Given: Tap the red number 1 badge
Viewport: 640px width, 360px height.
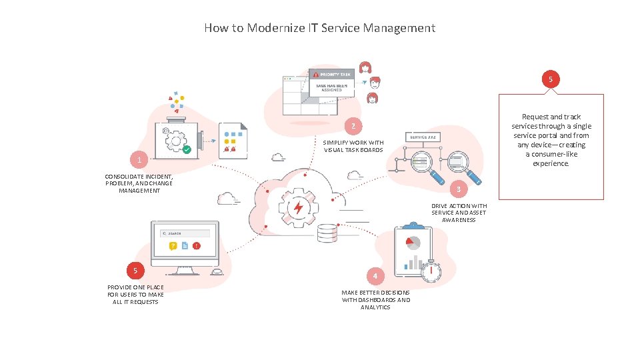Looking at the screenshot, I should click(x=139, y=161).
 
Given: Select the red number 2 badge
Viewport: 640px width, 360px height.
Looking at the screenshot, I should click(x=354, y=126).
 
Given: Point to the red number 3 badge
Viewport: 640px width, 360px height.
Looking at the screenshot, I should click(x=458, y=189).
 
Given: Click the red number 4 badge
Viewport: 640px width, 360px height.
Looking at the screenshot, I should click(x=375, y=276).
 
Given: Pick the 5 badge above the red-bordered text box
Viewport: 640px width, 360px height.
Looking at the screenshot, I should click(x=550, y=79).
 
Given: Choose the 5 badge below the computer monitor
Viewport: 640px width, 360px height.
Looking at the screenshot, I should click(x=135, y=271).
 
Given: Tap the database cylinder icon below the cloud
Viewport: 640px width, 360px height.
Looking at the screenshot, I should click(x=327, y=233).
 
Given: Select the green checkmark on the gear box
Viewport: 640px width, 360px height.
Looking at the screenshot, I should click(x=187, y=150).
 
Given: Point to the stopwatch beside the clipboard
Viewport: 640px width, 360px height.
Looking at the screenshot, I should click(x=431, y=269).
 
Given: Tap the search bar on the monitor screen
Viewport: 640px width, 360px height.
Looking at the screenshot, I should click(x=185, y=233).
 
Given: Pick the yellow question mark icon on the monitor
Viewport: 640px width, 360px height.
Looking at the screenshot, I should click(x=173, y=246).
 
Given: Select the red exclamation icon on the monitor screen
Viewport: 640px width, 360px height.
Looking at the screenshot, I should click(x=196, y=246).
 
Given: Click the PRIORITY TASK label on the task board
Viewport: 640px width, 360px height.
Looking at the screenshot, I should click(x=335, y=75).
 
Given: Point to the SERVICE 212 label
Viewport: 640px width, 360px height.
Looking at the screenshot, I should click(x=422, y=137).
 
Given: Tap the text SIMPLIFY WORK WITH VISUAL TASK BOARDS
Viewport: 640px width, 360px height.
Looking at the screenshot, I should click(x=353, y=146).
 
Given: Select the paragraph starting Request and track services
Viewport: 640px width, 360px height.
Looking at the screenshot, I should click(x=551, y=140).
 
